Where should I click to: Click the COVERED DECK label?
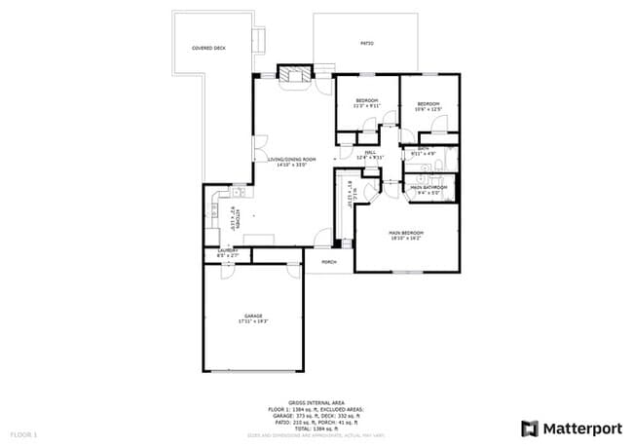click(208, 47)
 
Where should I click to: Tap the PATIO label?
click(367, 44)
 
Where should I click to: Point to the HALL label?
click(371, 152)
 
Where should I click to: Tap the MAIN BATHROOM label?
click(429, 187)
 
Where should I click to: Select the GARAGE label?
click(253, 316)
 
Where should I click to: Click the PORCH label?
click(329, 262)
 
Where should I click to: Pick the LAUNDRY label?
click(228, 250)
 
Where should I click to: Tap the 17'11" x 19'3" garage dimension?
click(253, 321)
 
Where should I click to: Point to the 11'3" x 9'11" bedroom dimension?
click(367, 105)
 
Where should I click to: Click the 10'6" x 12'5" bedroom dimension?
click(428, 109)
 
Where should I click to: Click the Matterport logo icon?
click(530, 428)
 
